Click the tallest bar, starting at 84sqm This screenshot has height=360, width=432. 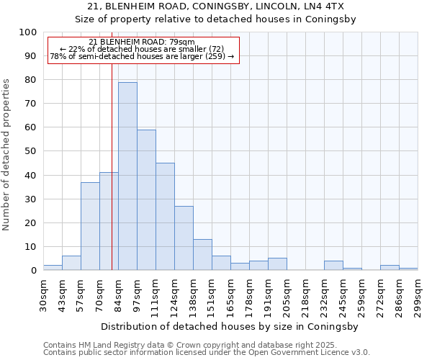pos(127,176)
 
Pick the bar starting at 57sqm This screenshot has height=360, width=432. pos(90,226)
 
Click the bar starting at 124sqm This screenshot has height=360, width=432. pos(184,238)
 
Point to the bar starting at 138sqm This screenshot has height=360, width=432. pos(202,255)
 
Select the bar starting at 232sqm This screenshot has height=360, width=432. pos(333,266)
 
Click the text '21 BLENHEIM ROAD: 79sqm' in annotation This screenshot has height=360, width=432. pos(143,42)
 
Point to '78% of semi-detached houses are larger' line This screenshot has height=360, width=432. pos(143,56)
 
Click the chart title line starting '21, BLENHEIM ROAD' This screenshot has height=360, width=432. pos(216,6)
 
